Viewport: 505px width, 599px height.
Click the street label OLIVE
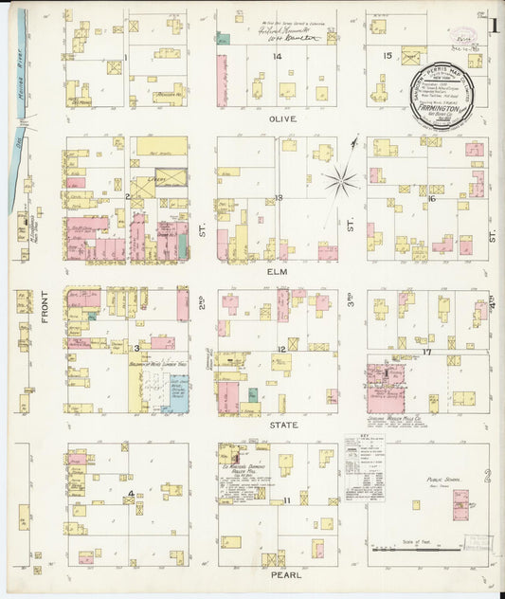coord(283,119)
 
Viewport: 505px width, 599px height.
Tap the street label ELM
coord(279,271)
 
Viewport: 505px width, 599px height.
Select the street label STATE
coord(284,426)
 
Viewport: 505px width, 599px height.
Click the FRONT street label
coord(45,333)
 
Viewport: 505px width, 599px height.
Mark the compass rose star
coord(341,178)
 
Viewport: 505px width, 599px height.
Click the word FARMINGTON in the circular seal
coord(442,109)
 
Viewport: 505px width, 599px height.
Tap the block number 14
coord(278,57)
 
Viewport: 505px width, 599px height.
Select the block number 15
coord(387,57)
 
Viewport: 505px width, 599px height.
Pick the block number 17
coord(427,353)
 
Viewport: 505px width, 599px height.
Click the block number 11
coord(285,499)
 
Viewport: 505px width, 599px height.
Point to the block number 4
coord(131,493)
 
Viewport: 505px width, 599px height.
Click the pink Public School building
coord(460,504)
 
